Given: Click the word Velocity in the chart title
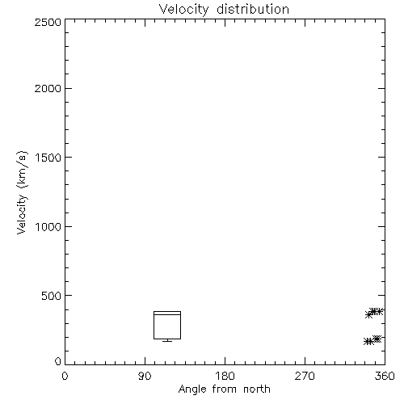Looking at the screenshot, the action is click(x=183, y=10).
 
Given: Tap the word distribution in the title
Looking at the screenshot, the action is click(x=253, y=9).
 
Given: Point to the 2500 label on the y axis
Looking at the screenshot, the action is click(x=48, y=22).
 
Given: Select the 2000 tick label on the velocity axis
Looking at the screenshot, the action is click(x=48, y=88).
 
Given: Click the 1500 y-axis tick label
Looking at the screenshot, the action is click(x=48, y=158).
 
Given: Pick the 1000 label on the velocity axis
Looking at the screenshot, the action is click(x=48, y=226).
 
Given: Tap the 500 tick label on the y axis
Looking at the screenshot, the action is click(x=52, y=296).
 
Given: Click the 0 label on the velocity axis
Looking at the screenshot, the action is click(x=58, y=361).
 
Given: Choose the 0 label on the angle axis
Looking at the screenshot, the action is click(x=65, y=376).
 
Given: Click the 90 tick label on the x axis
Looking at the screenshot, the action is click(x=145, y=376).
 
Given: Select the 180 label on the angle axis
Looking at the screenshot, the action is click(x=225, y=376).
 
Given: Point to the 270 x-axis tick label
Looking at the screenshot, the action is click(x=305, y=376).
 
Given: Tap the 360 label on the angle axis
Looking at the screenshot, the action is click(x=385, y=376).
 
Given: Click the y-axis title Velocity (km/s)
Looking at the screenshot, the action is click(x=22, y=192).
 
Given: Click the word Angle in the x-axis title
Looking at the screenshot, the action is click(x=192, y=389).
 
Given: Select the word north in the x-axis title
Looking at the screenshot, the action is click(x=257, y=389).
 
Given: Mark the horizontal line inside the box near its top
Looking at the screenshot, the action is click(x=167, y=314).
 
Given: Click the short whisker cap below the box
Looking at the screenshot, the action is click(x=167, y=341).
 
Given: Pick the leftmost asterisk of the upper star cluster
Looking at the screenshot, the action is click(x=369, y=314).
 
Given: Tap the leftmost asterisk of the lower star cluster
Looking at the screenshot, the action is click(x=367, y=341).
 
